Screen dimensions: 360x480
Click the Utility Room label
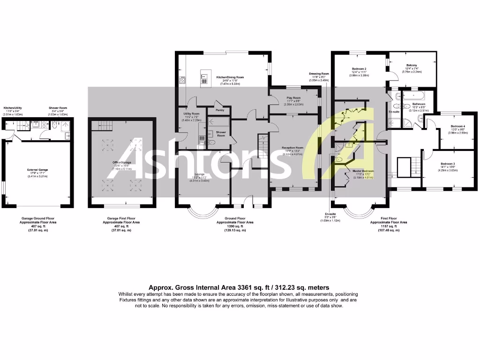click(x=192, y=114)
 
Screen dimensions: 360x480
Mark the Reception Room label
click(x=292, y=148)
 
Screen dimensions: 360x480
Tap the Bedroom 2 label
click(x=359, y=69)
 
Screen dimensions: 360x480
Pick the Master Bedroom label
click(x=363, y=171)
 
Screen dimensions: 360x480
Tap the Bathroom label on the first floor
click(x=419, y=104)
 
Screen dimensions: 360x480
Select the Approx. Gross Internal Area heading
click(x=239, y=287)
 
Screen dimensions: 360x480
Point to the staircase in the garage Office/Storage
click(x=97, y=125)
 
